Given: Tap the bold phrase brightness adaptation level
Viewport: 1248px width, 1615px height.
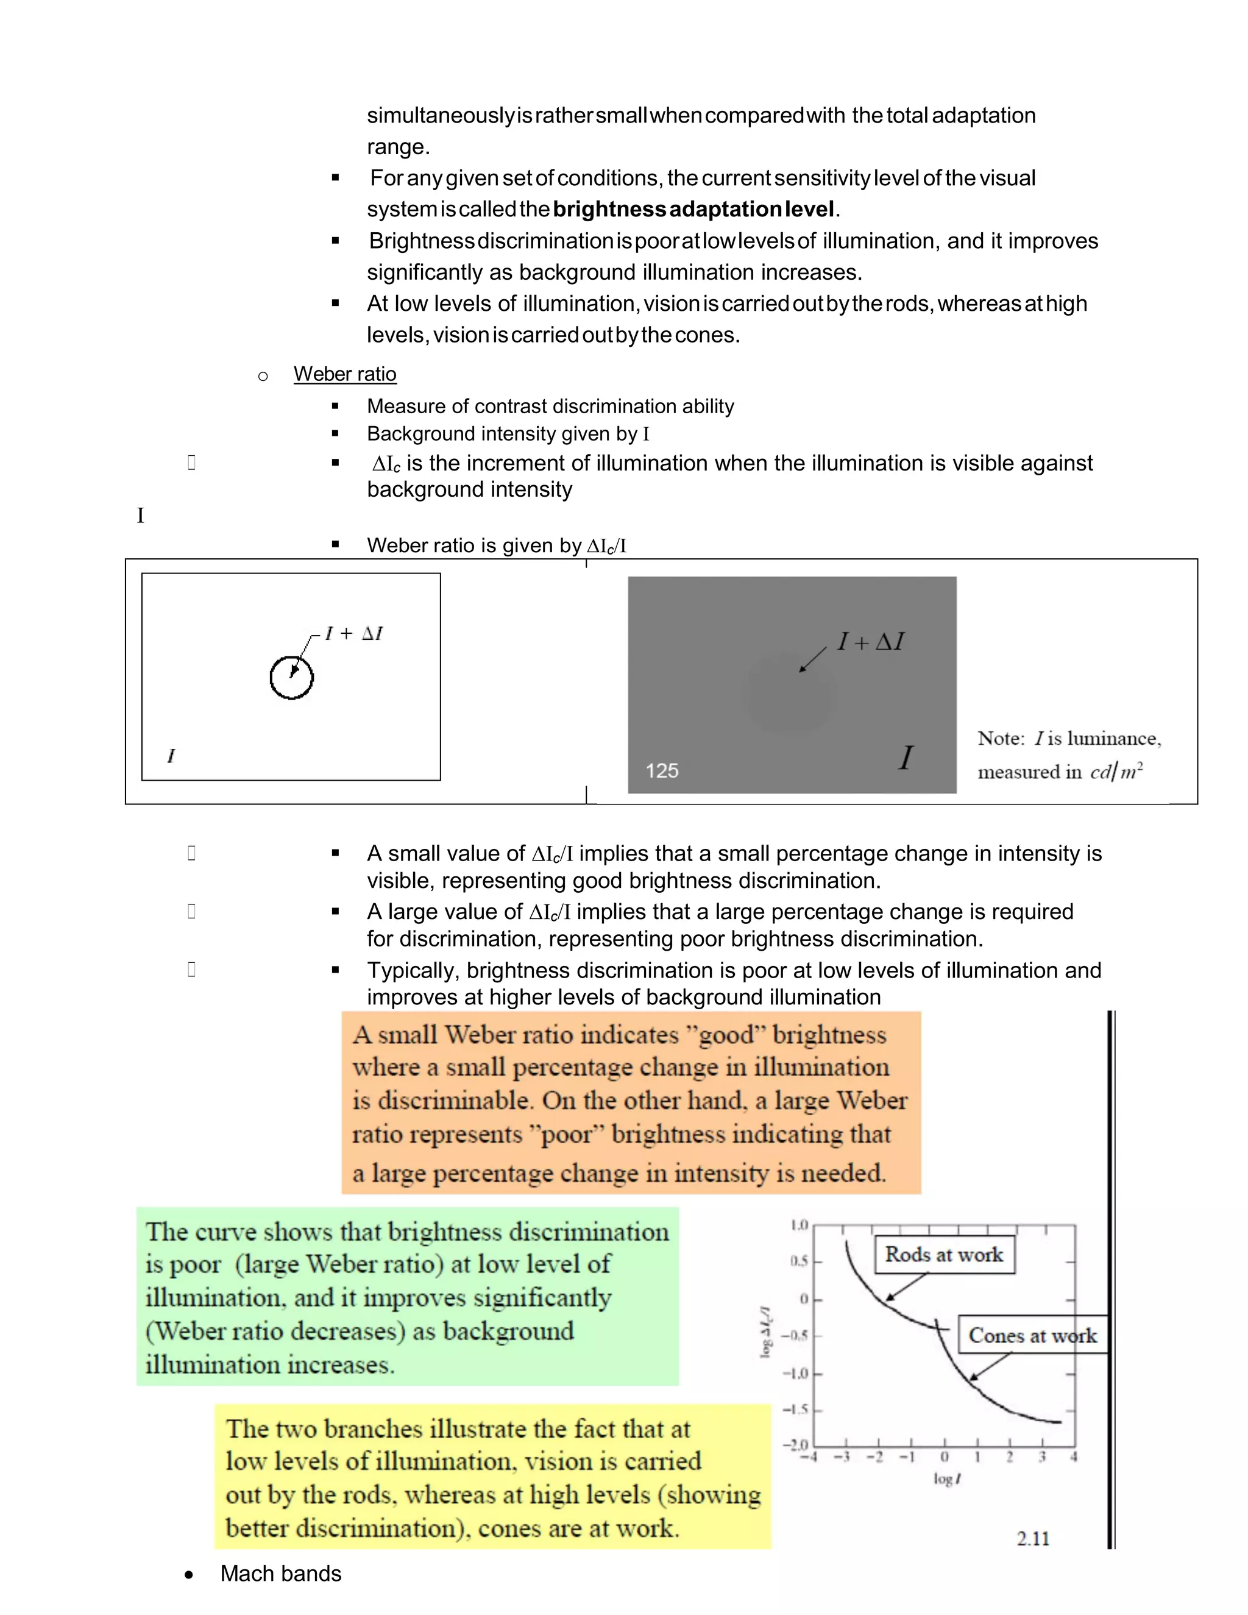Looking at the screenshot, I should click(693, 209).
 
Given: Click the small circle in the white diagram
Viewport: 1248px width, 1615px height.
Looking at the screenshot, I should click(291, 677).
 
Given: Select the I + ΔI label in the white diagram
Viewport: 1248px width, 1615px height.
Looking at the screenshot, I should click(353, 634).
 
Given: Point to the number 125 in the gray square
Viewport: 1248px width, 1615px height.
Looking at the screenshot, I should click(662, 770).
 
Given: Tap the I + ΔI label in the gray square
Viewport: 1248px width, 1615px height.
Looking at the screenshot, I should click(870, 642).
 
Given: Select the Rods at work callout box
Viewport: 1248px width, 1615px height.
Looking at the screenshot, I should click(944, 1255).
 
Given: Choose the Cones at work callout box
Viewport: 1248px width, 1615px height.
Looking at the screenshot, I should click(1032, 1335).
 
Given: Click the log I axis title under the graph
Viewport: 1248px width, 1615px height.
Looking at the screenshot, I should click(946, 1479).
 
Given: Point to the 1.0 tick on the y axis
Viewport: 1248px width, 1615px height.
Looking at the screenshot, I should click(799, 1226).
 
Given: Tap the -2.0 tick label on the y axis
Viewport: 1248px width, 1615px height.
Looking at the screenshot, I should click(795, 1444).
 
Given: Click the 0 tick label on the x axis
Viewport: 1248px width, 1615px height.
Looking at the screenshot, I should click(944, 1457).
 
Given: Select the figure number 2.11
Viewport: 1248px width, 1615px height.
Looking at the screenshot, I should click(1033, 1538).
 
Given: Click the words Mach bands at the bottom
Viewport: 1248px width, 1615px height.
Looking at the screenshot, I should click(280, 1574).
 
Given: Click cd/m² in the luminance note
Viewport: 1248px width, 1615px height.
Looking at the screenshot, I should click(1116, 772).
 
